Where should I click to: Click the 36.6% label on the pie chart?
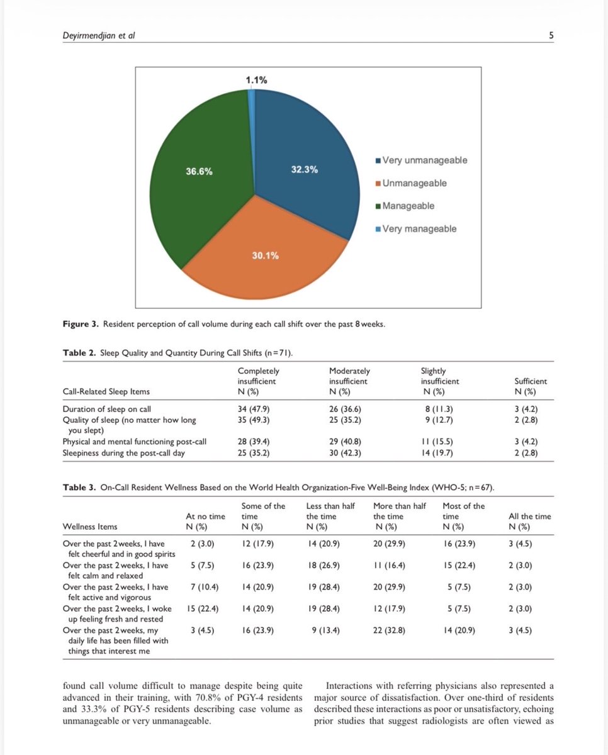pyautogui.click(x=199, y=171)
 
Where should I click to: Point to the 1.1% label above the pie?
pyautogui.click(x=257, y=81)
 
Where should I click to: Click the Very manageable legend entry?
pyautogui.click(x=419, y=229)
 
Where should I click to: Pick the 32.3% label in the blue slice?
pyautogui.click(x=304, y=170)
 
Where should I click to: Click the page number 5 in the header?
pyautogui.click(x=551, y=36)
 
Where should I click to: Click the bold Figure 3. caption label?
pyautogui.click(x=79, y=325)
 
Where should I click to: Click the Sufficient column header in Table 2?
pyautogui.click(x=531, y=381)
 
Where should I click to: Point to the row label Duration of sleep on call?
pyautogui.click(x=106, y=409)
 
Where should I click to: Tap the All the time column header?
pyautogui.click(x=529, y=517)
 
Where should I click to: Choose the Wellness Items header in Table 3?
pyautogui.click(x=90, y=526)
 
